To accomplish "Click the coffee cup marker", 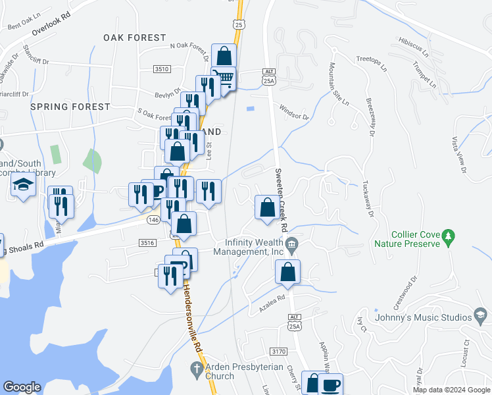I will coord(331,384).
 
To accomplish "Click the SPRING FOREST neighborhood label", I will coord(70,107).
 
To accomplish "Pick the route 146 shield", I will coord(153,220).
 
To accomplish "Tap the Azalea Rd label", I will coord(275,299).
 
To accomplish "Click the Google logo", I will coord(22,387).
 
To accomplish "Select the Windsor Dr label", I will coord(293,111).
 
